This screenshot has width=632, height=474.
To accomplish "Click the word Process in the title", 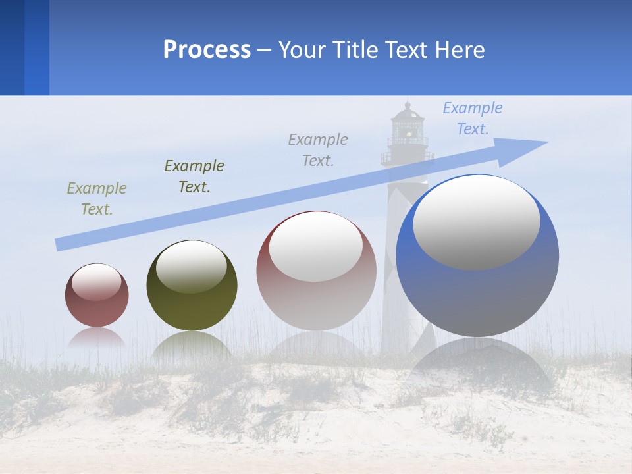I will point(207,50).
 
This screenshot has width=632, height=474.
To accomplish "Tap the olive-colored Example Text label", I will point(97,199).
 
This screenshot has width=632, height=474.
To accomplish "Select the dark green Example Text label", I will point(194,176).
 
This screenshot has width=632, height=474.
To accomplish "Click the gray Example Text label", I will point(318,149).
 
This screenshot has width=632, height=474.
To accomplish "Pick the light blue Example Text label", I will point(473,118).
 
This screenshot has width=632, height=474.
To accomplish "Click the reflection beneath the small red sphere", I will point(97,338).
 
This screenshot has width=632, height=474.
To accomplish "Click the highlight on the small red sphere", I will point(96,282).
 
